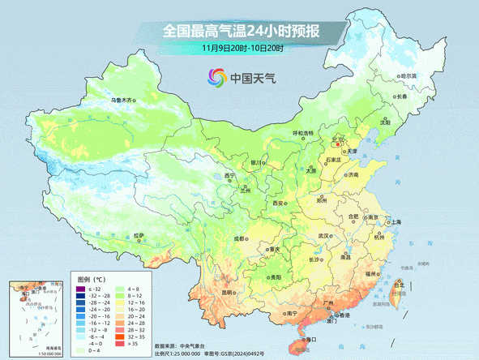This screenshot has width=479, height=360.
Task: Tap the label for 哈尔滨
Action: pos(408,75)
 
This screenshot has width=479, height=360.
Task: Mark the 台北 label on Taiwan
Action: pos(399,285)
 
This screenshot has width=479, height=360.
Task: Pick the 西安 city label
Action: pos(280,202)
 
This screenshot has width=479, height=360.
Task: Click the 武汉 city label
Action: pos(325,235)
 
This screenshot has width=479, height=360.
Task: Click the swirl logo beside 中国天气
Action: pos(216,79)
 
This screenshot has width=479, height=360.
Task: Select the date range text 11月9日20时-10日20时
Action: pos(242,49)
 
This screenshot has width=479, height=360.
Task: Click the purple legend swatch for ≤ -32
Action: pos(80,289)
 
